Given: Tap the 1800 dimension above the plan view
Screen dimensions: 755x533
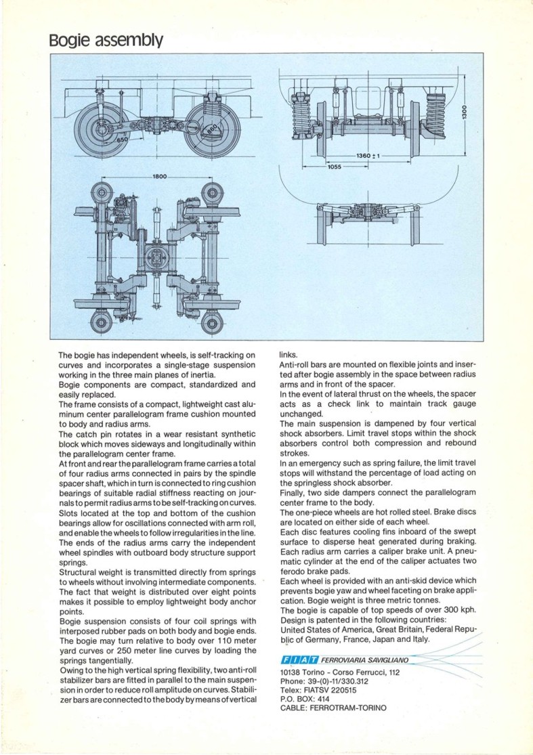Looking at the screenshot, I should click(159, 176).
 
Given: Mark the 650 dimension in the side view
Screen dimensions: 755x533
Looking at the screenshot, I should click(121, 139).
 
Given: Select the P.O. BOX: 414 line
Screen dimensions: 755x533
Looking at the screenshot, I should click(305, 699).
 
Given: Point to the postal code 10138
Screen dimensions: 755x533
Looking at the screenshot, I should click(292, 672).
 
